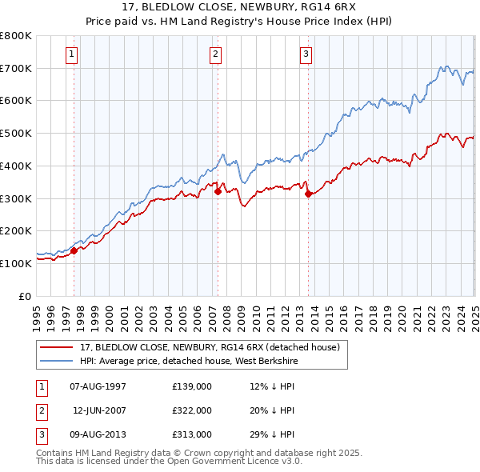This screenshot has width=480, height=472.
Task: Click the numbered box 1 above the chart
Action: coord(72,54)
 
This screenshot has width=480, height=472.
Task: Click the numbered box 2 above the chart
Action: coord(216,54)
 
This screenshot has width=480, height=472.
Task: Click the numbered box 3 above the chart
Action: coord(306,54)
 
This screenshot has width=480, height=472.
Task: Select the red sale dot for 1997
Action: coord(74,250)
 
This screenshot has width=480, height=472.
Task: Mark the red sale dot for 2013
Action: coord(308,193)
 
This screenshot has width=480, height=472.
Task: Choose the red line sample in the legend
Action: coord(57,347)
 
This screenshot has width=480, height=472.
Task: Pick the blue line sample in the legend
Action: coord(57,360)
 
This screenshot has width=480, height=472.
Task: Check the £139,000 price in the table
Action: coord(192,387)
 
